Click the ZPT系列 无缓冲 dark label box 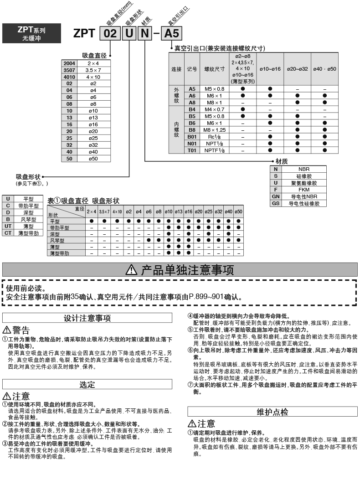click(x=31, y=34)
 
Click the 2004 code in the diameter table click(x=70, y=63)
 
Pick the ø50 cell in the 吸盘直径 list click(x=93, y=158)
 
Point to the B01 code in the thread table click(x=192, y=136)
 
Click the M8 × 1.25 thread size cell click(x=214, y=130)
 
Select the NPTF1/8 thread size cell click(x=214, y=150)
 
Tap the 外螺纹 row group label click(x=177, y=96)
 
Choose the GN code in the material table click(x=276, y=197)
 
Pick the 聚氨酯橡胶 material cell click(x=304, y=183)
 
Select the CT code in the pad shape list click(x=8, y=233)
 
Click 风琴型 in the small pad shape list click(x=27, y=219)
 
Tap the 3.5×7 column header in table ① click(x=104, y=212)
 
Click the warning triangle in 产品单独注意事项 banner click(x=131, y=270)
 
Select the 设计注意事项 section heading click(x=87, y=318)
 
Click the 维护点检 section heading click(x=272, y=412)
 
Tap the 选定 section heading click(x=87, y=385)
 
